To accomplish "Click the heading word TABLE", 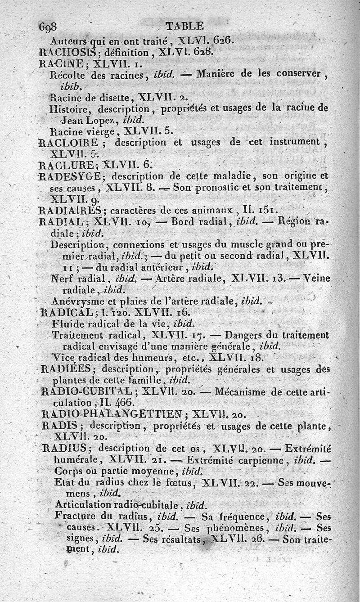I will (184, 26).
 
